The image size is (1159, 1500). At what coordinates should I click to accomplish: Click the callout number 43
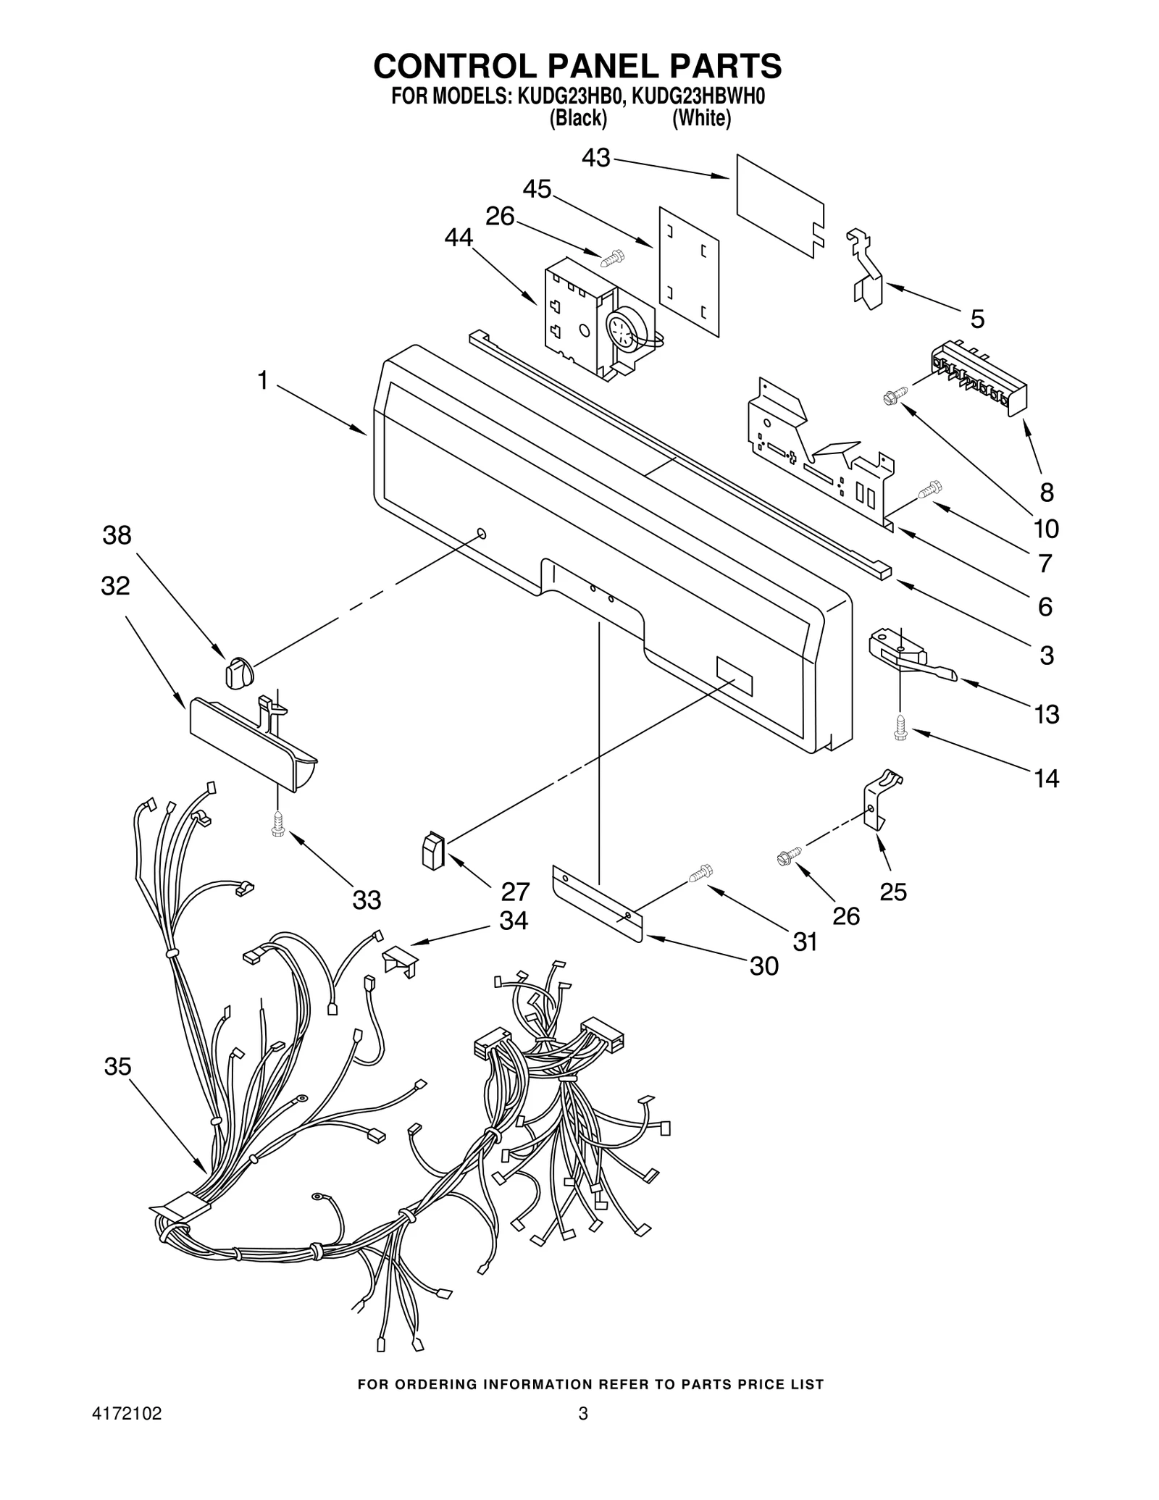coord(596,158)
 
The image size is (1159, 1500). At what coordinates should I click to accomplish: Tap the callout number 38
coord(117,535)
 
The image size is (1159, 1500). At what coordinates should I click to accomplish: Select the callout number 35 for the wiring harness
coord(118,1066)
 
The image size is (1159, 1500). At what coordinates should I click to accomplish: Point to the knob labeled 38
coord(238,671)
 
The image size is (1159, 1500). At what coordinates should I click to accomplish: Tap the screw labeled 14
coord(900,728)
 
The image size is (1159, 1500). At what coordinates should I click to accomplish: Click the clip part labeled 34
coord(400,960)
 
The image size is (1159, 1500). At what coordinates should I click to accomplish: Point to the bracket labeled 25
coord(883,800)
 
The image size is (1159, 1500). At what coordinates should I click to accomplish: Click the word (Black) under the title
coord(577,118)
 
